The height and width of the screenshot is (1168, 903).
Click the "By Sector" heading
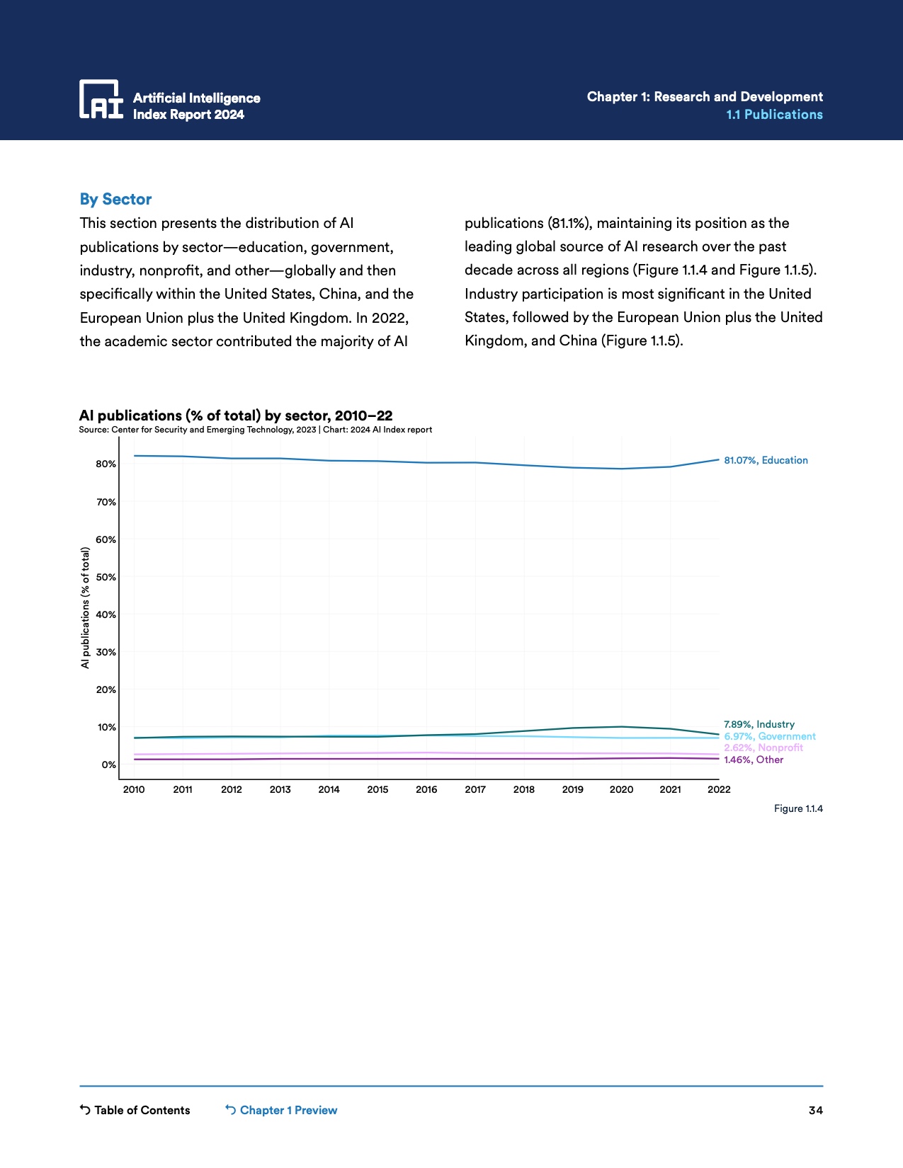pos(115,200)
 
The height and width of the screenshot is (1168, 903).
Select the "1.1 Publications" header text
pos(774,115)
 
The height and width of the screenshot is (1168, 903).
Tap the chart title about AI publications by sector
pos(236,416)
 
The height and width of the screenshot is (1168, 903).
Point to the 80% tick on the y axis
pos(106,464)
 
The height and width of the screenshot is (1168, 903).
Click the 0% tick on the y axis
pos(108,765)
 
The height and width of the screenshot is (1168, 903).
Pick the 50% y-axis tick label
pos(106,577)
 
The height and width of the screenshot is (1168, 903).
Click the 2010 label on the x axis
pos(134,789)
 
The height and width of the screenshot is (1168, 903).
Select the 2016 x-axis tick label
pos(426,789)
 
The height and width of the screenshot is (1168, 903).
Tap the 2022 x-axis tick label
pos(719,789)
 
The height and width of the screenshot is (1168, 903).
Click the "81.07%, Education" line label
pos(766,460)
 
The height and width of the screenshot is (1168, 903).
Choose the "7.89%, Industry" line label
pos(759,724)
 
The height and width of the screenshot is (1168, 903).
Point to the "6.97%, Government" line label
pos(770,736)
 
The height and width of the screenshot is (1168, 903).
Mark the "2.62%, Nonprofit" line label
pos(763,748)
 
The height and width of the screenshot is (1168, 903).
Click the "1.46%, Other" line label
pos(754,760)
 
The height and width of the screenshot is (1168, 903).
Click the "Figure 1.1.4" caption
pos(798,808)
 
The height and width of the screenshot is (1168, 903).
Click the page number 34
pos(816,1110)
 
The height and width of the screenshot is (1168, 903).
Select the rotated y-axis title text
pos(86,607)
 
